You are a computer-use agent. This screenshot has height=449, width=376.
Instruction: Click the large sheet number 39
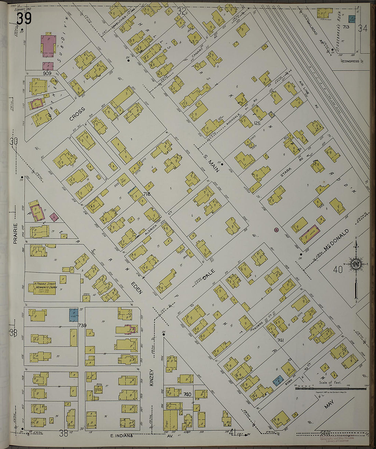[24, 18]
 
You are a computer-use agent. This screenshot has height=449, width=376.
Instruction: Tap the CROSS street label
[77, 114]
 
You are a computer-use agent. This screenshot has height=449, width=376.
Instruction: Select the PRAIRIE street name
[15, 234]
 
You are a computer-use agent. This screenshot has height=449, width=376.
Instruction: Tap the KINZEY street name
[152, 378]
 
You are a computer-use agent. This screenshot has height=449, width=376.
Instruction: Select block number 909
[47, 73]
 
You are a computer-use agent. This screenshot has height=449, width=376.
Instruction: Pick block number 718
[147, 194]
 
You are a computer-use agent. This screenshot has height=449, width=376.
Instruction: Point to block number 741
[281, 340]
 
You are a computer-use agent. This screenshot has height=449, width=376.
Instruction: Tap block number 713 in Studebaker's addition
[346, 27]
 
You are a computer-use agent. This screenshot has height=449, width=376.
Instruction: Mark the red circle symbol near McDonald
[276, 230]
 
